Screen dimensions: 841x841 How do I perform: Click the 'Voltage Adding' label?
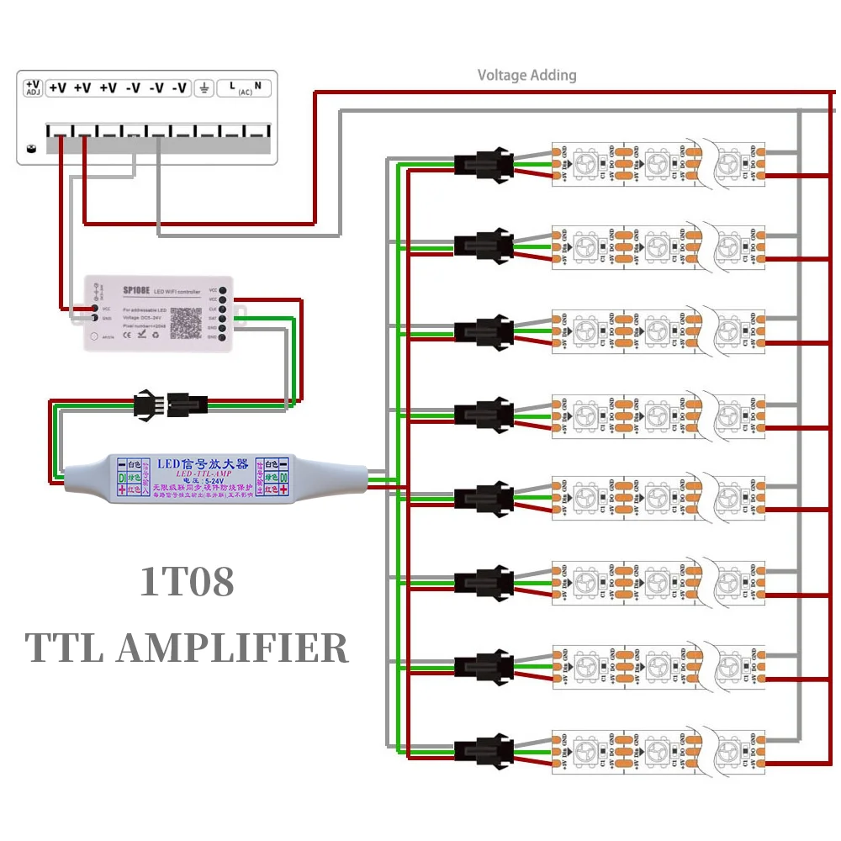(x=526, y=75)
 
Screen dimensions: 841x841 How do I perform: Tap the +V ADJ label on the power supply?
(x=32, y=87)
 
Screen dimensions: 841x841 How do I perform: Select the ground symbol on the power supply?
(x=204, y=87)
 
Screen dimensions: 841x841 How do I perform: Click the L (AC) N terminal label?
(x=245, y=87)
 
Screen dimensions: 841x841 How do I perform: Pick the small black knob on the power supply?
(x=30, y=149)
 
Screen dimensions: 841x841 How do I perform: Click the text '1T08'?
(x=187, y=582)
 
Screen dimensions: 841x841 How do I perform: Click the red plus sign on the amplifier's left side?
(x=122, y=489)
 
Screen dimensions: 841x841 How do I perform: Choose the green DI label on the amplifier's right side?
(x=284, y=477)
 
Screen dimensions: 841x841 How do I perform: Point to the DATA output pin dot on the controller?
(x=225, y=319)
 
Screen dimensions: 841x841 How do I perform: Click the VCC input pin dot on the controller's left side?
(x=93, y=309)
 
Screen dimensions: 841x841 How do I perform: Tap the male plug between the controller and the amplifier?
(x=144, y=405)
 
